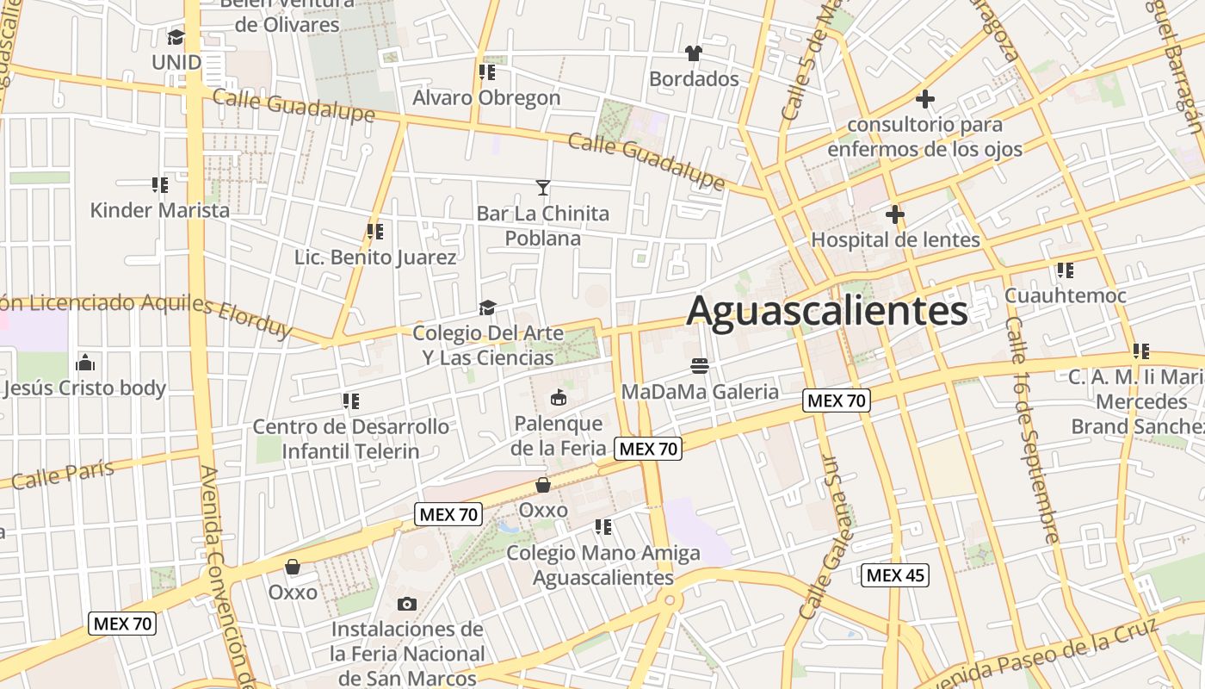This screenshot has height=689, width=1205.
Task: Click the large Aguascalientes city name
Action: (x=827, y=311)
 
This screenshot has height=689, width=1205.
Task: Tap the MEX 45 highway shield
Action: (x=895, y=575)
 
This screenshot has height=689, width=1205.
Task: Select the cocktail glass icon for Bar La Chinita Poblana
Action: (x=543, y=187)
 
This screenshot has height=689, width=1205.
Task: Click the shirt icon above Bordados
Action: (x=694, y=53)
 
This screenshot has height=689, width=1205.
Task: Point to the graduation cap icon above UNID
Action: (x=176, y=37)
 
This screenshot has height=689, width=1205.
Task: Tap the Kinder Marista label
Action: (x=160, y=210)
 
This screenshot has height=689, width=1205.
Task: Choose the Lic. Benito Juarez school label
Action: (x=375, y=257)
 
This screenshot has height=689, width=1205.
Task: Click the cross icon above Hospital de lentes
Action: (x=895, y=214)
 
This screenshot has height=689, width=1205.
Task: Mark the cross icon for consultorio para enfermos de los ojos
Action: (x=925, y=99)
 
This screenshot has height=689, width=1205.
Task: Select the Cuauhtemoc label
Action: (x=1066, y=295)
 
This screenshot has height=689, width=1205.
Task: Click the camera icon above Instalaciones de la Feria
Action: (x=407, y=604)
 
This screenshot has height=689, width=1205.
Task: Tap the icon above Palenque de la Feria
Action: (x=558, y=397)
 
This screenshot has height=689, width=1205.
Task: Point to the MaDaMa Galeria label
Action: (x=700, y=392)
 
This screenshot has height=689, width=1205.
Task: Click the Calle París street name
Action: (x=63, y=475)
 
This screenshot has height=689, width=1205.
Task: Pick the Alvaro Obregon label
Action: (x=486, y=97)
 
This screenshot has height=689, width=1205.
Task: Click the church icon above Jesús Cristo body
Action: (x=85, y=362)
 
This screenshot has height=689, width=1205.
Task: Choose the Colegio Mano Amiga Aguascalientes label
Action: (x=603, y=565)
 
